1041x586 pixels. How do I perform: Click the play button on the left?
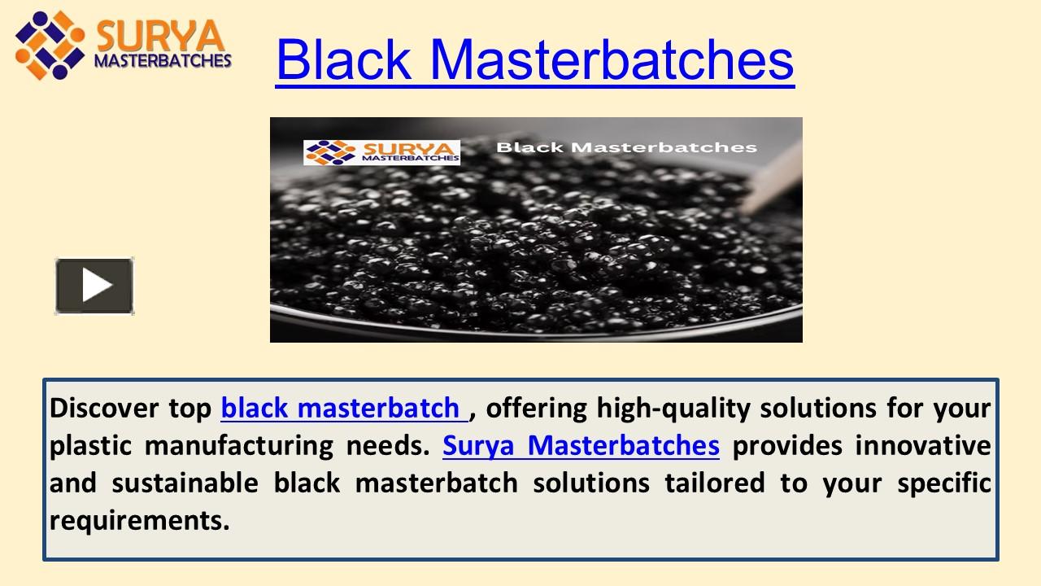(94, 286)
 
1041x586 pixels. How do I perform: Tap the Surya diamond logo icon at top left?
(49, 45)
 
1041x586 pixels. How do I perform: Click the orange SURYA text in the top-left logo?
(159, 37)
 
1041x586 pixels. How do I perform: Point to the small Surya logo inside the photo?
(381, 152)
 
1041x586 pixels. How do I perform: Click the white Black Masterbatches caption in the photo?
(626, 147)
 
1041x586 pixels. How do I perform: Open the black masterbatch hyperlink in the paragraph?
(342, 407)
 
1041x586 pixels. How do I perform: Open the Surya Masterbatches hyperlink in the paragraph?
(581, 445)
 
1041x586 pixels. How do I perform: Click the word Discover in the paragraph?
(105, 407)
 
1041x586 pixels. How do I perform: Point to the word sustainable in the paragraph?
(185, 483)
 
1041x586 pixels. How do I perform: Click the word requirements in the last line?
(138, 520)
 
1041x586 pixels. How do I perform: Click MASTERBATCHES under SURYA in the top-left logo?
(163, 60)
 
